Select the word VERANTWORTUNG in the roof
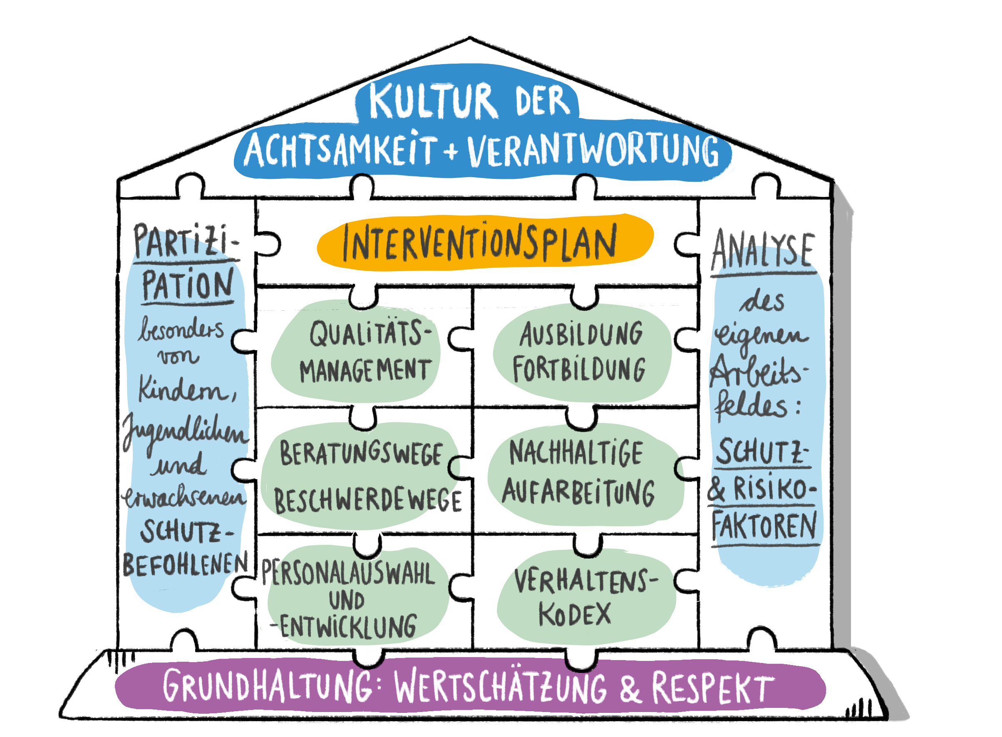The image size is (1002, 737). click(593, 151)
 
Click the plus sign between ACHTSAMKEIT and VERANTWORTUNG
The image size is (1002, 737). click(451, 151)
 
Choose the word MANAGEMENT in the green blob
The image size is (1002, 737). click(365, 370)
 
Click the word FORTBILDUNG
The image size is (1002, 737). click(579, 369)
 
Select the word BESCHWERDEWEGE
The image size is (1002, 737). click(367, 501)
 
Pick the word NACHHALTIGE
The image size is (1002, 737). click(576, 453)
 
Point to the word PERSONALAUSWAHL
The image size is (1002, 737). click(347, 573)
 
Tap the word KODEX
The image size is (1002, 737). click(574, 614)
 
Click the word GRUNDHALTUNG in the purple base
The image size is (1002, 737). click(267, 686)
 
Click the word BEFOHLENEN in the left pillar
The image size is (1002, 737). click(185, 564)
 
